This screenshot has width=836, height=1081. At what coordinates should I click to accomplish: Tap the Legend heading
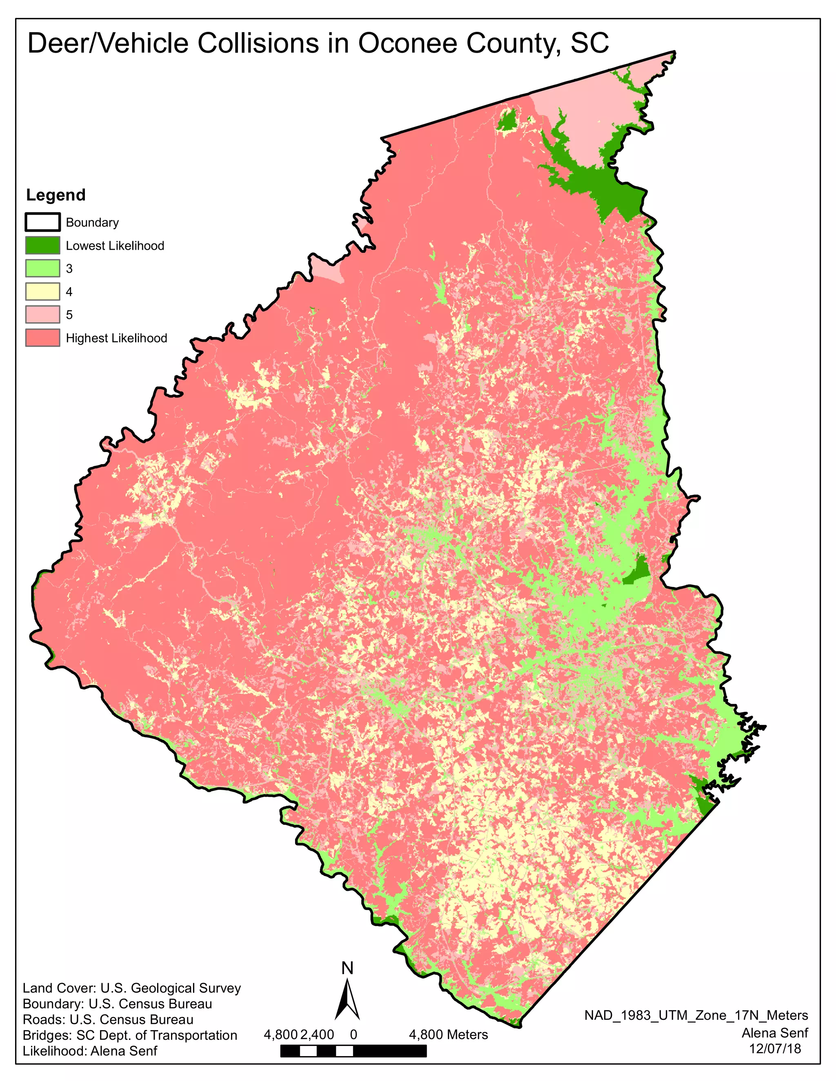tap(56, 195)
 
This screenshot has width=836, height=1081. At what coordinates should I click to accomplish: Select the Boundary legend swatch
tap(42, 222)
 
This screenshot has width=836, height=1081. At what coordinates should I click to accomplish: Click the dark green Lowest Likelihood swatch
tap(42, 246)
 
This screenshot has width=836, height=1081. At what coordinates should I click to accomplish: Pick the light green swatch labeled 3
tap(42, 268)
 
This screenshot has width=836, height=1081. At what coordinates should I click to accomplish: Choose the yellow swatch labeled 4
tap(42, 292)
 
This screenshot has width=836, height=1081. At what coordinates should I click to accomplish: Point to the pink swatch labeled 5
tap(42, 315)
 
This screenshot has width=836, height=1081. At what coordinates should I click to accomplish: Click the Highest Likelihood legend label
tap(116, 338)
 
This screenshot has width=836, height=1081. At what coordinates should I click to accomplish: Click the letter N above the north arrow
tap(348, 968)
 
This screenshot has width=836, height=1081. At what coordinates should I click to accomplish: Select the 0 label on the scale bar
tap(353, 1034)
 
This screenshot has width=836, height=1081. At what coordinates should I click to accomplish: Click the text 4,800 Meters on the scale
tap(448, 1034)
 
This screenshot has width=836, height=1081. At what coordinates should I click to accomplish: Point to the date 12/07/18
tap(775, 1048)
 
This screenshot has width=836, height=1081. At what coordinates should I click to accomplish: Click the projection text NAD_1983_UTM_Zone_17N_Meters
tap(696, 1015)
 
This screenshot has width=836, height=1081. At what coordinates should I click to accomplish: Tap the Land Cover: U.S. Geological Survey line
tap(132, 988)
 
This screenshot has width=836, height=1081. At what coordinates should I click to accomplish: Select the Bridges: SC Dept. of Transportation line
tap(130, 1035)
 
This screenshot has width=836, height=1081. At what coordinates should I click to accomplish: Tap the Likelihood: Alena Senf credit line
tap(90, 1050)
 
